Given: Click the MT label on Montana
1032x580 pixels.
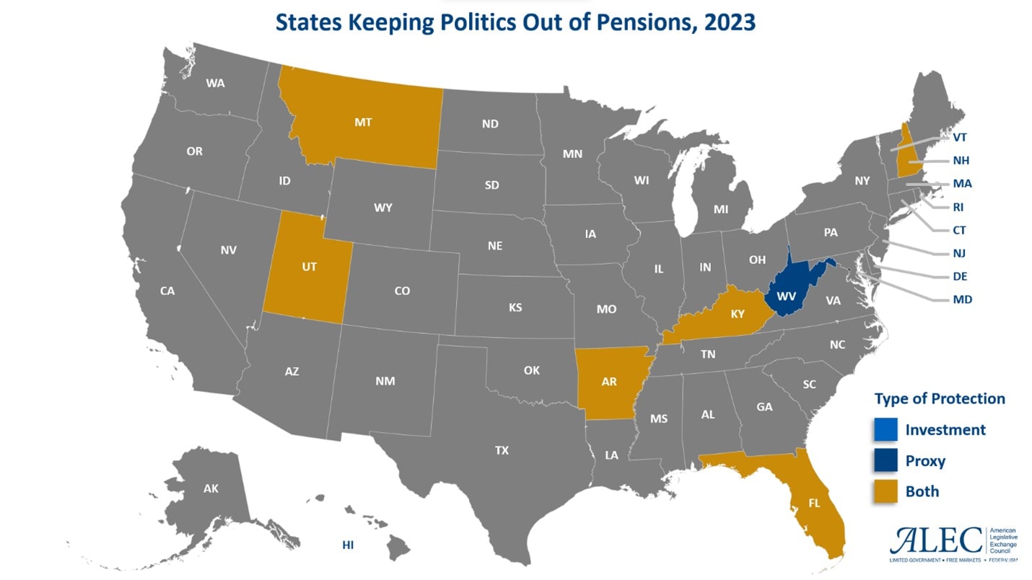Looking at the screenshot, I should coord(363,122).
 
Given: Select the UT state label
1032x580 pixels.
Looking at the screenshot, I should coord(309,266).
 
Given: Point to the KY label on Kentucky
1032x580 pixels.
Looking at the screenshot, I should coord(737,313).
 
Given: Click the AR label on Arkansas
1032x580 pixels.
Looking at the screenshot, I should coord(609,382).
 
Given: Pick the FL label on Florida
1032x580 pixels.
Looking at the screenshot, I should coord(814,503).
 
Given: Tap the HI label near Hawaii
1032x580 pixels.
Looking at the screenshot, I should coord(348,545).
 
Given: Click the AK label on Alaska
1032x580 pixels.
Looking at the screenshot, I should coord(211,488).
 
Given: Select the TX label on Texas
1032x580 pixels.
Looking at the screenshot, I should coord(502,450).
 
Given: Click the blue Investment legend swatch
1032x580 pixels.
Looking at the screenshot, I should coord(885,430).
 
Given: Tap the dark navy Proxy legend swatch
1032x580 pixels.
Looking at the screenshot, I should coord(885,461).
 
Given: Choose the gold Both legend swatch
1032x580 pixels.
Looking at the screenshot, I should coord(885,492).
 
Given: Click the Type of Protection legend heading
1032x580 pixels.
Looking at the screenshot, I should coord(940,399).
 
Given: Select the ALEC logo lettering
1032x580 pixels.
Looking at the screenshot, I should coord(937,540).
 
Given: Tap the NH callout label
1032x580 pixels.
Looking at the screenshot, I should coord(961,160).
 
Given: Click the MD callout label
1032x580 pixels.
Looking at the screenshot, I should coord(962,299).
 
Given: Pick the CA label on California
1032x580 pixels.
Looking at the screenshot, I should coord(167,291).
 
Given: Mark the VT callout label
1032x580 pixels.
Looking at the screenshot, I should coord(960,137).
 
